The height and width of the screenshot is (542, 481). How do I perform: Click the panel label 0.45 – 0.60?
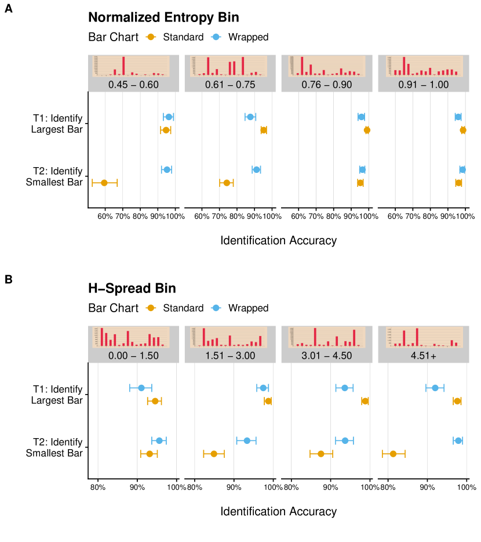(x=133, y=85)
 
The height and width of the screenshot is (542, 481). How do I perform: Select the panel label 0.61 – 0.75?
(x=230, y=85)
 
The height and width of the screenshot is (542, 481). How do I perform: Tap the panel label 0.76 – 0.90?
(x=327, y=85)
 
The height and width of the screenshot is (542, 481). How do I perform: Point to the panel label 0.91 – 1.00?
(x=423, y=85)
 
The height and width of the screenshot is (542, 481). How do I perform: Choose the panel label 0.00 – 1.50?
(x=133, y=356)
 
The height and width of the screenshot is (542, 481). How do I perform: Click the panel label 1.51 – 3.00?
(x=230, y=356)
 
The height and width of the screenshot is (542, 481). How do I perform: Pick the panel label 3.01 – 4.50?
(x=327, y=356)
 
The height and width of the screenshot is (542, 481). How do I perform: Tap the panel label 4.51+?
(x=423, y=356)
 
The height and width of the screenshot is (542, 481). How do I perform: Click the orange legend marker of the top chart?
(x=151, y=37)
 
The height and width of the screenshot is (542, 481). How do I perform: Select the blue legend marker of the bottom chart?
(x=216, y=308)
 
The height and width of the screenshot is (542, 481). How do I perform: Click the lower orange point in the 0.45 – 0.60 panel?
(x=104, y=183)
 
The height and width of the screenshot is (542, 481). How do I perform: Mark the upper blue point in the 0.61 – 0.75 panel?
(x=250, y=117)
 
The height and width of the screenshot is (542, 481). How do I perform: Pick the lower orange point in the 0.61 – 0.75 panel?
(x=227, y=183)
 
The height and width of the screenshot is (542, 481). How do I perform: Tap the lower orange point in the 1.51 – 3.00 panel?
(x=214, y=454)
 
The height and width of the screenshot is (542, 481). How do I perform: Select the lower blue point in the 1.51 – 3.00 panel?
(x=247, y=440)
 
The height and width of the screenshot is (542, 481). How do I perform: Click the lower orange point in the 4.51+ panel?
(x=393, y=454)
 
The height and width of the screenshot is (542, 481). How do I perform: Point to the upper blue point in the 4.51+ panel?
(x=435, y=388)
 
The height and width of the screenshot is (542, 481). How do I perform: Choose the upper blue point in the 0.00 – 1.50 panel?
(x=141, y=388)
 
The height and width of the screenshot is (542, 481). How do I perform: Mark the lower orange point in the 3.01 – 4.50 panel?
(x=321, y=454)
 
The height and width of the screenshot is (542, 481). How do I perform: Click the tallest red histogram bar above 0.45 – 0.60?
(x=123, y=66)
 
